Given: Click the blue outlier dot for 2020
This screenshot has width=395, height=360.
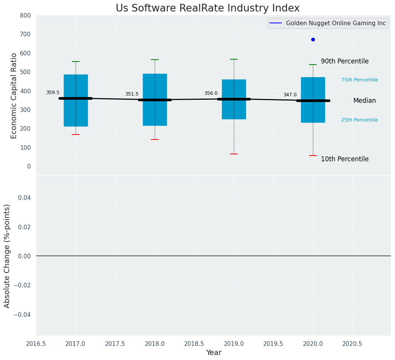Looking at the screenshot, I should point(313,39).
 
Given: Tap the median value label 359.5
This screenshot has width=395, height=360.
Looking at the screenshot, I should point(53,92).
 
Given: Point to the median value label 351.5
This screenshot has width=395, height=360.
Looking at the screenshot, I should point(132,94).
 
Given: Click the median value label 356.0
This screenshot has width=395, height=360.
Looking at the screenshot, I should point(211,93).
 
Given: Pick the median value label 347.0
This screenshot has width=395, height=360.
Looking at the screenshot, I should point(290,95).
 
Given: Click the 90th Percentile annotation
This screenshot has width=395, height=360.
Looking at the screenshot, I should point(345,61).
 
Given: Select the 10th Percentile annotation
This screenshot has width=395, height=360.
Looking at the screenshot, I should point(345,159).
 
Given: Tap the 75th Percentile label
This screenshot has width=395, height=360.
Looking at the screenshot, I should point(359,80).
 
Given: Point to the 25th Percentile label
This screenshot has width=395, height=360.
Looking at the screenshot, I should point(359,120).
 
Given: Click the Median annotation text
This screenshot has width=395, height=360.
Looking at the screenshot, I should point(364,101).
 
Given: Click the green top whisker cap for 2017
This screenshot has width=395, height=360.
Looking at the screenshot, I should point(76,62).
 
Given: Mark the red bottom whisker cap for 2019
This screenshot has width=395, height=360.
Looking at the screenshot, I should point(234,154).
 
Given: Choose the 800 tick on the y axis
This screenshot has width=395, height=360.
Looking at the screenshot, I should point(25,16).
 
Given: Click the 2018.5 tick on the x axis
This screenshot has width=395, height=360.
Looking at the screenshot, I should point(194,344).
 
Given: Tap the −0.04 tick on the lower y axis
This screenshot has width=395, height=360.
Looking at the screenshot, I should point(23,315).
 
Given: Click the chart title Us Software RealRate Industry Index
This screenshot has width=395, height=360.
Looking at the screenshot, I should point(207,8).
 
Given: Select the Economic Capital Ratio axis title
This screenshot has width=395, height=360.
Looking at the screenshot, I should point(14,96).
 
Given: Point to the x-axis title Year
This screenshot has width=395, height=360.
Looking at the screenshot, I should point(214,353).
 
